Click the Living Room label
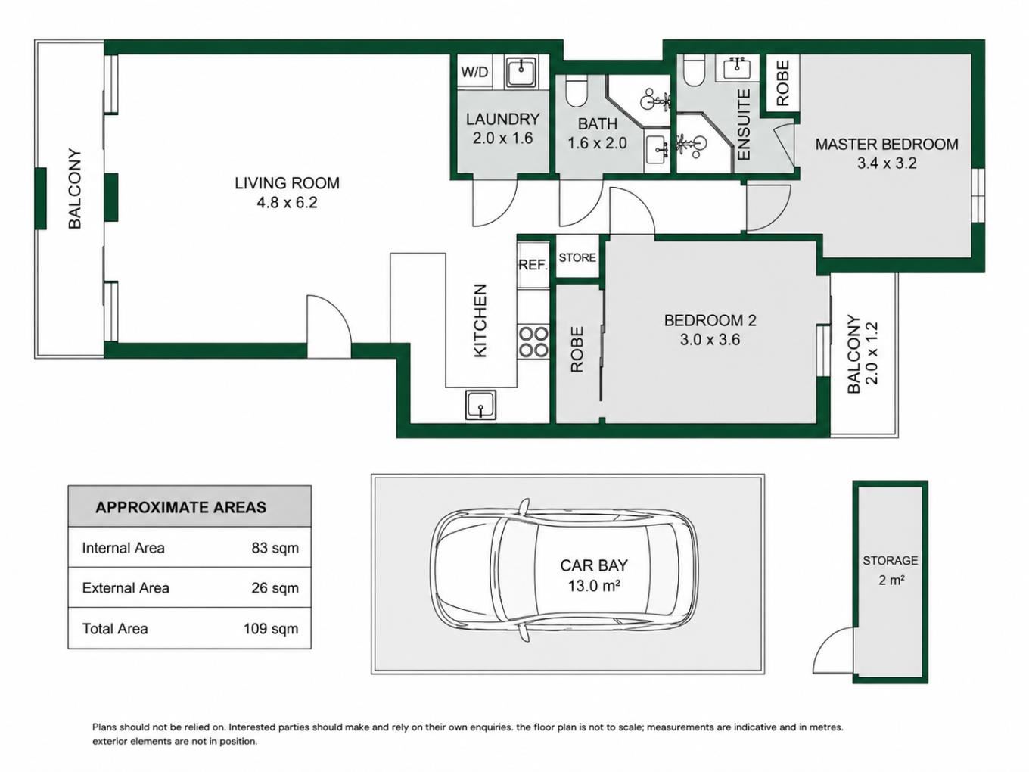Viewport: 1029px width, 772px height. point(287,183)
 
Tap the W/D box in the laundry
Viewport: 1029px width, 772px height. point(474,72)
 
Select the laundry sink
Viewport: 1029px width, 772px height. point(521,72)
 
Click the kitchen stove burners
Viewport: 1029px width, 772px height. point(533,341)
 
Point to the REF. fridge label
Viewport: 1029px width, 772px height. point(533,266)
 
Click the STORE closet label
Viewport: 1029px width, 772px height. point(577,257)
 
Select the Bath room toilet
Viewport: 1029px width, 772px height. point(576,92)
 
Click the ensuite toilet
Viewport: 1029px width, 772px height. point(694,70)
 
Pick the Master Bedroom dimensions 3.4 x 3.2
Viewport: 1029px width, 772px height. point(887,163)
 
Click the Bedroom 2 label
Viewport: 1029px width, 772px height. point(710,321)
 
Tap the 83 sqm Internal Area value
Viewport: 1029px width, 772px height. point(275,548)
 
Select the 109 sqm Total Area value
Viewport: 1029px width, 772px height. point(271,628)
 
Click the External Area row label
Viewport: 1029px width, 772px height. point(126,588)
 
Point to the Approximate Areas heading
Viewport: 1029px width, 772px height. point(181,507)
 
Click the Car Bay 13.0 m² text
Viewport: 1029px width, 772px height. point(594,575)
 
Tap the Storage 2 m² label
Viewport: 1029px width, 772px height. point(891,570)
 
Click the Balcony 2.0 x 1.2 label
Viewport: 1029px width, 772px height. point(862,354)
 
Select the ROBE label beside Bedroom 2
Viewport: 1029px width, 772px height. point(577,350)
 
